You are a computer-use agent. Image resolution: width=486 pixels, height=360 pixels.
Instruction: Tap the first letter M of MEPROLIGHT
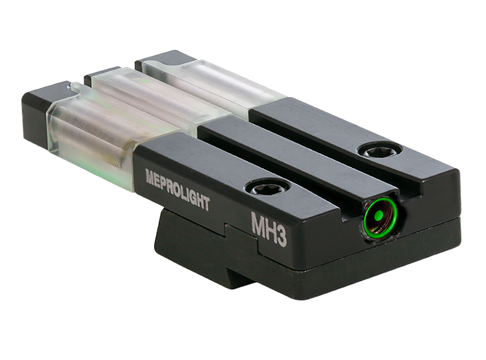tap(150, 177)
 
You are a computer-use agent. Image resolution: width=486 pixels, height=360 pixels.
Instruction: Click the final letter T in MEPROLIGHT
tap(205, 203)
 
